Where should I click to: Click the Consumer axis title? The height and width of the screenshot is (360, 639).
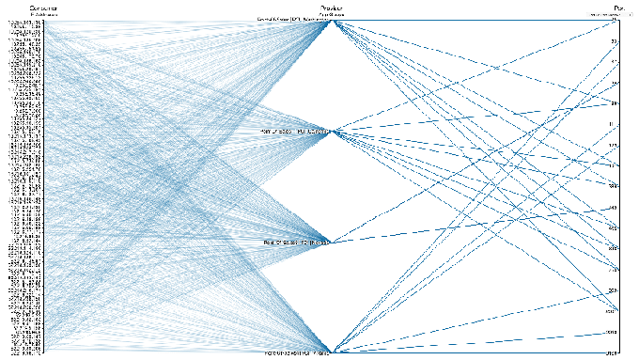(x=42, y=8)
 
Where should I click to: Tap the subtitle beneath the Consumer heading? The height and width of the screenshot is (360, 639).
(x=44, y=15)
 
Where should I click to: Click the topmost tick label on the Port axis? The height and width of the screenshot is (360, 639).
(x=614, y=22)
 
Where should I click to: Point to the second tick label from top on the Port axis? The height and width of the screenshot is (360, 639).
(x=614, y=42)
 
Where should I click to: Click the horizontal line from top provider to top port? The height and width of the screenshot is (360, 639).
(x=470, y=21)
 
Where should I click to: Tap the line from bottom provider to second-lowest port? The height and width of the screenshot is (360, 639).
(x=470, y=342)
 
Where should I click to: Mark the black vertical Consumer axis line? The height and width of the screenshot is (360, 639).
(x=46, y=188)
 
